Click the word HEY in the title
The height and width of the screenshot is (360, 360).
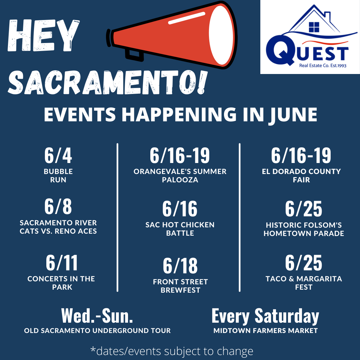(x=44, y=36)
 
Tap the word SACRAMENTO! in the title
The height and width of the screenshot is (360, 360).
(x=107, y=82)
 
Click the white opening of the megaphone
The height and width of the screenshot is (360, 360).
(x=221, y=35)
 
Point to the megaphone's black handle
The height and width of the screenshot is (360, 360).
(x=134, y=55)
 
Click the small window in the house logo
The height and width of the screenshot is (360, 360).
(x=314, y=27)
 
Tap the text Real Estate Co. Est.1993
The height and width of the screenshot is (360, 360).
(x=323, y=66)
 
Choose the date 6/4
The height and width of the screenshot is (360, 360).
(x=58, y=155)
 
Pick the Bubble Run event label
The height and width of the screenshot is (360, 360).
(x=58, y=175)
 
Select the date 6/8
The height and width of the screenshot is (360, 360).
(x=58, y=207)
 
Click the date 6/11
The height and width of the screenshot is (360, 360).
(x=62, y=263)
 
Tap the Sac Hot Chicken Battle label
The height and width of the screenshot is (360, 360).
(x=180, y=229)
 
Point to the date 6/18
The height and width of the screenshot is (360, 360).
(x=180, y=266)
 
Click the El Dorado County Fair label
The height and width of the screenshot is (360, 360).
(x=301, y=175)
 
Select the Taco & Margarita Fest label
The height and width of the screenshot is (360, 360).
(x=304, y=283)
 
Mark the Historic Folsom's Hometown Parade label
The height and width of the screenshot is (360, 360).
(x=304, y=229)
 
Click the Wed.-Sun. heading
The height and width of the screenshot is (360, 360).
(x=97, y=316)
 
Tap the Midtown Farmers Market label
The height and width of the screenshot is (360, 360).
(x=266, y=331)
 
